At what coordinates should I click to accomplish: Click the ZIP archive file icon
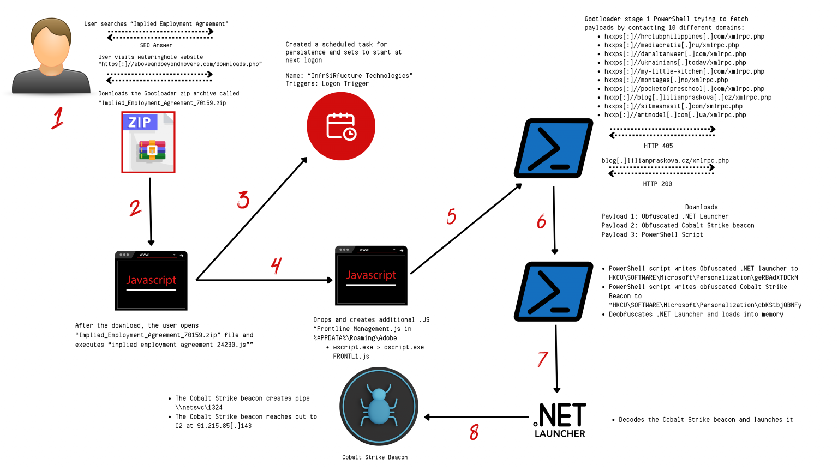coord(148,142)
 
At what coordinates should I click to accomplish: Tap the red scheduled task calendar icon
coord(341,126)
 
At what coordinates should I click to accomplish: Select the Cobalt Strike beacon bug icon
coord(379,407)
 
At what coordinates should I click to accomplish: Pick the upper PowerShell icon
coord(553,148)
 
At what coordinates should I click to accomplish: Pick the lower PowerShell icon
coord(553,292)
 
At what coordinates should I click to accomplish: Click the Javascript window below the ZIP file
coord(151,281)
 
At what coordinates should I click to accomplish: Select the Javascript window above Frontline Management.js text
coord(371,276)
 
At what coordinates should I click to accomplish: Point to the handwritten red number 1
coord(58,118)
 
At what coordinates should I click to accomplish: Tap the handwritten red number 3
coord(243,200)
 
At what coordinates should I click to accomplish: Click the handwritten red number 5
coord(451,216)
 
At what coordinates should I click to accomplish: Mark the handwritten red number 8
coord(474,432)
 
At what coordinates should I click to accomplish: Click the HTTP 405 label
coord(658,146)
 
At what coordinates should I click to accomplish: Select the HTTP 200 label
coord(657,184)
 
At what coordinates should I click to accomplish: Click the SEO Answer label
coord(156,46)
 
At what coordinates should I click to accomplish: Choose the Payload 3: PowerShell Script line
coord(652,235)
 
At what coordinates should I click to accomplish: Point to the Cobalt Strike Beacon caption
coord(375,457)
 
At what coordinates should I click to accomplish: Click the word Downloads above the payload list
coord(701,207)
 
